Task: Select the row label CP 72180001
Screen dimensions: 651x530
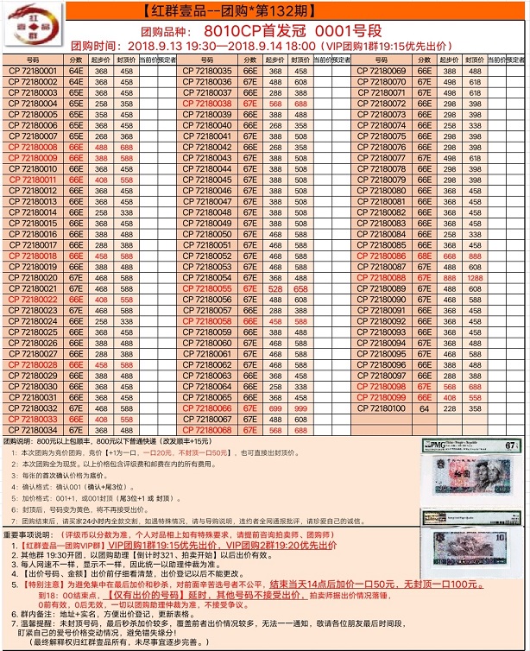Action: pyautogui.click(x=32, y=71)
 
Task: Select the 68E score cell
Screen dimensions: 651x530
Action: pyautogui.click(x=425, y=256)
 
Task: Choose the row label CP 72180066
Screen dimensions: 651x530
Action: pyautogui.click(x=208, y=408)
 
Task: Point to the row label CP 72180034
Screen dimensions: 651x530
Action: pyautogui.click(x=32, y=429)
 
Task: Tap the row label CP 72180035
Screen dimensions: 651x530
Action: pyautogui.click(x=208, y=71)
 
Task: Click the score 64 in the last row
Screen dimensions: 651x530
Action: pyautogui.click(x=425, y=408)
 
